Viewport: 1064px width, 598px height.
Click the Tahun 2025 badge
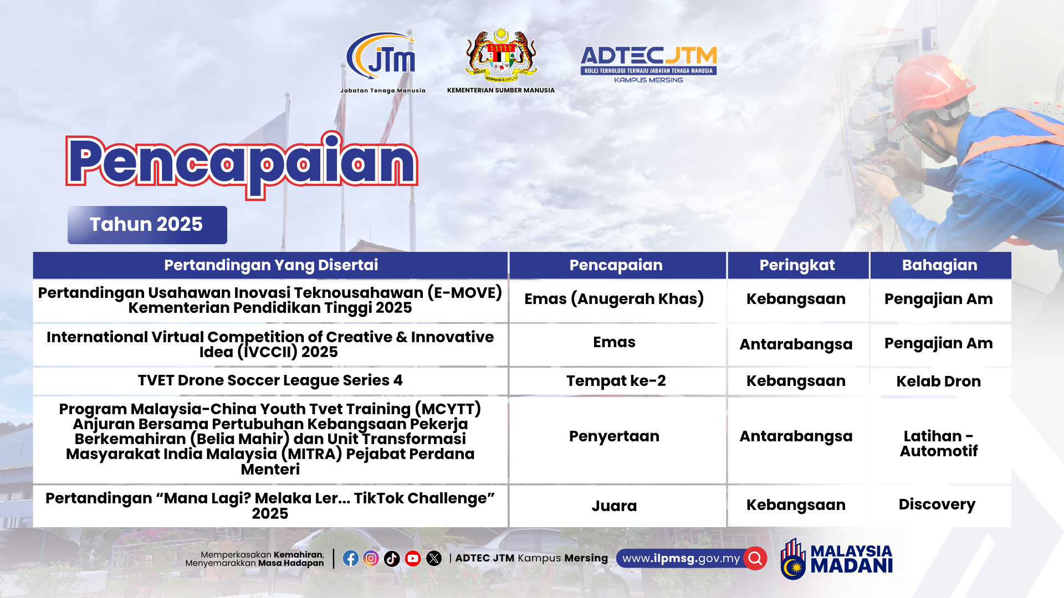point(147,225)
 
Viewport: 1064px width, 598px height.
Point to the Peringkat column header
point(797,265)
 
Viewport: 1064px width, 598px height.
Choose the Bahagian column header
point(940,265)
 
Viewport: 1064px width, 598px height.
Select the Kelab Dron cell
point(940,381)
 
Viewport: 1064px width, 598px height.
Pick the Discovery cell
point(940,505)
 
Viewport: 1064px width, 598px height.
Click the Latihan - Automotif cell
point(940,443)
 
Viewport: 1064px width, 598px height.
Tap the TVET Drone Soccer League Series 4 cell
point(270,381)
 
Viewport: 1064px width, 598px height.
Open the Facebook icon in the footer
point(351,558)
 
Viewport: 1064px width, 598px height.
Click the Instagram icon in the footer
point(371,558)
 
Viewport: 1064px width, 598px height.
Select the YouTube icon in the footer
point(413,558)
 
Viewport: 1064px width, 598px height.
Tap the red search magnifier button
point(755,558)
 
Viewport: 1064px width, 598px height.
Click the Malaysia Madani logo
point(836,559)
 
